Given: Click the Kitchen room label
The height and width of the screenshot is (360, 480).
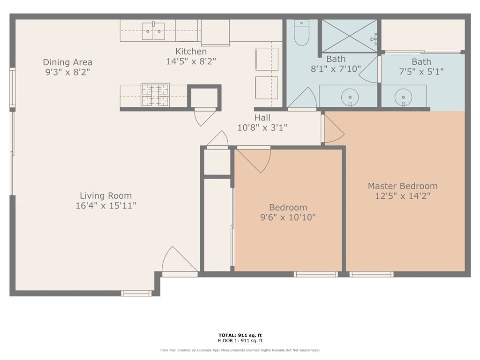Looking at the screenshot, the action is coord(191,52).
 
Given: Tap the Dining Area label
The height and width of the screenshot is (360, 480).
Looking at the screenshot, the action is coord(67,62).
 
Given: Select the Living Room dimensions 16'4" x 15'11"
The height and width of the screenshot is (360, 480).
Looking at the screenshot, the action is coord(105,205).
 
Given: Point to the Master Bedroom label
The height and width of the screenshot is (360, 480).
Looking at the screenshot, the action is coord(403,186).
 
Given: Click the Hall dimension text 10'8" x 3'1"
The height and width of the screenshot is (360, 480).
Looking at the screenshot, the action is coord(262,127).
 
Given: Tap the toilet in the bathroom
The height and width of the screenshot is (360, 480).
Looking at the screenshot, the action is coord(301,32).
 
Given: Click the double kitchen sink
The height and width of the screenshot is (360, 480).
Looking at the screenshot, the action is coord(153,30).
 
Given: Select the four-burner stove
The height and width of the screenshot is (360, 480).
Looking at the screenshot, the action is coord(155,95).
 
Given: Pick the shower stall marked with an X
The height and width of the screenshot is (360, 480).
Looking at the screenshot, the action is coord(350,36).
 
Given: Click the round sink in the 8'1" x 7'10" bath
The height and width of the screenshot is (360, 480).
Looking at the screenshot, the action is coord(350,97).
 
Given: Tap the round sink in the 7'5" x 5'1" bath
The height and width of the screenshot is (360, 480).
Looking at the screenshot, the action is coord(403,97).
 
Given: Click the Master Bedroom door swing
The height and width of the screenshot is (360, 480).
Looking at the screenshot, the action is coord(334,128).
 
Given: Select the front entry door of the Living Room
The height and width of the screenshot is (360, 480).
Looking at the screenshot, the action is coord(179,260).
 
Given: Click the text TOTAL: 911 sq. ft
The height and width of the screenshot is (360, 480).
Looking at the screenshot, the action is coord(240,335).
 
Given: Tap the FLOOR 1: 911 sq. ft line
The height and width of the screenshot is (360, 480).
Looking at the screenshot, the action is coord(240,340).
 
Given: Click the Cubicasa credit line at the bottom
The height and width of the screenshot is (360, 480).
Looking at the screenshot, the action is coord(240,350).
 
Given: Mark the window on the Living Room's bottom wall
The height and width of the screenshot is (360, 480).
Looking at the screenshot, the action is coord(136,293).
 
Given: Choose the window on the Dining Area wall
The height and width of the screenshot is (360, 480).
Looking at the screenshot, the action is coord(12,88).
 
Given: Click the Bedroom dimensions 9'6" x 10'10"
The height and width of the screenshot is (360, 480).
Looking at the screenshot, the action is coord(288,217).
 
